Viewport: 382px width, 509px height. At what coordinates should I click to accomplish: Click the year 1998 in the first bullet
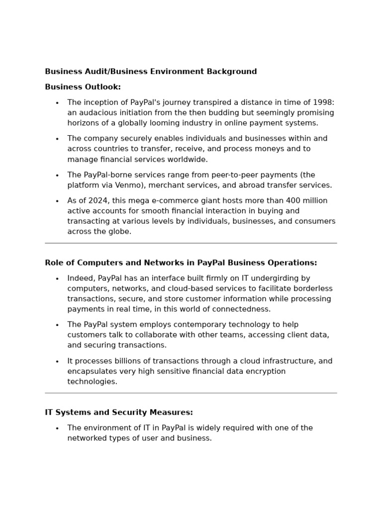pyautogui.click(x=323, y=102)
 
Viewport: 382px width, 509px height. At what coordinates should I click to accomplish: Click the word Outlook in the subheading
pyautogui.click(x=103, y=87)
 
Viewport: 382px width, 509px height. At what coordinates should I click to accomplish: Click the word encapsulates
pyautogui.click(x=92, y=372)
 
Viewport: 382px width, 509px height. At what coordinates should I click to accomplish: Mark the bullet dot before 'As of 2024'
pyautogui.click(x=57, y=201)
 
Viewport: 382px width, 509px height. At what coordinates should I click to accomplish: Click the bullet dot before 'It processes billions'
pyautogui.click(x=57, y=362)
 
